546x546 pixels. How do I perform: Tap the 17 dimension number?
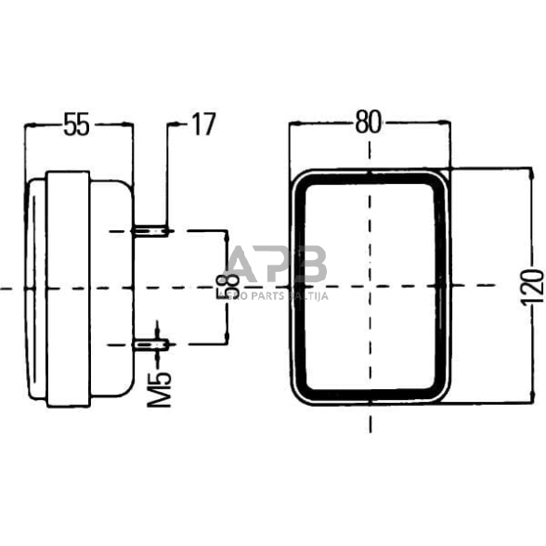point(202,123)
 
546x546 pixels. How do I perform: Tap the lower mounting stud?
point(149,345)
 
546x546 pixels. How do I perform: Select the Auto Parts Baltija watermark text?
point(279,295)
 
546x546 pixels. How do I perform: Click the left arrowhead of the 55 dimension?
point(31,124)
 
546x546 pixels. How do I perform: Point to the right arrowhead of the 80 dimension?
point(447,124)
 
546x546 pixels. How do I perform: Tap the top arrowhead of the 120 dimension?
point(529,174)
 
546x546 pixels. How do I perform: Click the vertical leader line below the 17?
point(167,176)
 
